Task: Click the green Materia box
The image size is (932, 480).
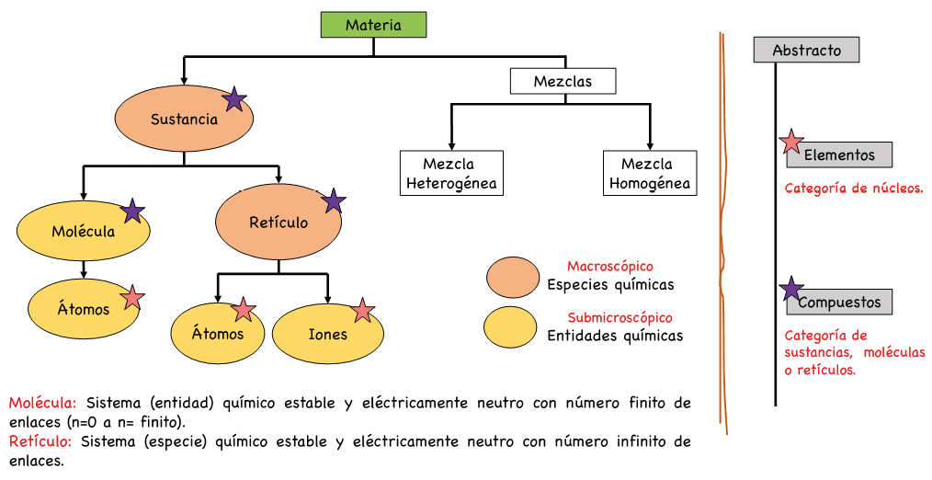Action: pyautogui.click(x=373, y=25)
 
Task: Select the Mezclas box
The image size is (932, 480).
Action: pyautogui.click(x=563, y=81)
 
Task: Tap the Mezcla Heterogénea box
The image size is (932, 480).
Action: pyautogui.click(x=450, y=174)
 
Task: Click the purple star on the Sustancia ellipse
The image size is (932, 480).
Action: pyautogui.click(x=235, y=99)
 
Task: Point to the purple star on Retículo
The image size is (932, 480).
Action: pyautogui.click(x=334, y=200)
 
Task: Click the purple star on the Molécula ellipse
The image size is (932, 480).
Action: pyautogui.click(x=133, y=211)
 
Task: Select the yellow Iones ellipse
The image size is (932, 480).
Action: pyautogui.click(x=326, y=334)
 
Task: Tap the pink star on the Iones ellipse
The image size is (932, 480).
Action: pyautogui.click(x=363, y=311)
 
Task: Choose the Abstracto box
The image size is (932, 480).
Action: pyautogui.click(x=806, y=50)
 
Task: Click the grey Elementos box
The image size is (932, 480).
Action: pyautogui.click(x=840, y=155)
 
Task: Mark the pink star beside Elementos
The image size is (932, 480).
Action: pyautogui.click(x=790, y=142)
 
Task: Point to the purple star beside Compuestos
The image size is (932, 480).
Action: pyautogui.click(x=790, y=289)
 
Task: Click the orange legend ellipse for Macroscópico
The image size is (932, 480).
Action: pyautogui.click(x=512, y=278)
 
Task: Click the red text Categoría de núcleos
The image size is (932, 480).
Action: pyautogui.click(x=854, y=189)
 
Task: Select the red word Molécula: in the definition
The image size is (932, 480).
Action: pyautogui.click(x=42, y=403)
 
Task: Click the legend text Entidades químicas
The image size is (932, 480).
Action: pyautogui.click(x=615, y=336)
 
